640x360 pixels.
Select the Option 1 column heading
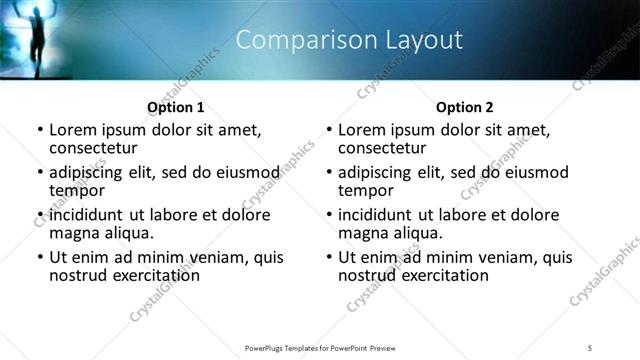176,107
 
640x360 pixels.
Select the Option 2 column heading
465,107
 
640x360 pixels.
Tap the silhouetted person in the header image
34,36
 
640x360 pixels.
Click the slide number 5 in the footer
590,347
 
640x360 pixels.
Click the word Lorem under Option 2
362,130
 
